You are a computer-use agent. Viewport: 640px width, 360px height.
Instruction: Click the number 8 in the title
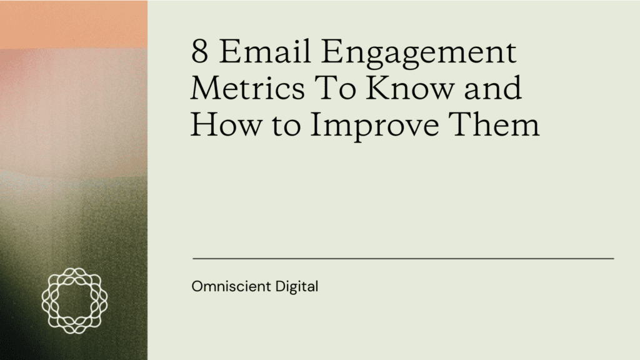click(200, 52)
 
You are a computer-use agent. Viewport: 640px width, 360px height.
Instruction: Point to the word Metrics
click(241, 89)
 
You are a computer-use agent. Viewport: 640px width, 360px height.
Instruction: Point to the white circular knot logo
click(74, 301)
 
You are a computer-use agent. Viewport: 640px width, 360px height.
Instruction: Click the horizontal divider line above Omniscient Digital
click(403, 257)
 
